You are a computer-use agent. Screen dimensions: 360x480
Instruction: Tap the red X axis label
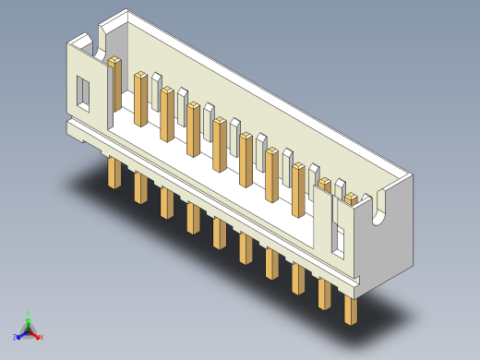(x=42, y=337)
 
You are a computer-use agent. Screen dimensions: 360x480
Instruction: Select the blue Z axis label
(x=16, y=337)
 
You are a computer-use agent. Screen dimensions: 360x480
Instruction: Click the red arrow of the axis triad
(x=36, y=333)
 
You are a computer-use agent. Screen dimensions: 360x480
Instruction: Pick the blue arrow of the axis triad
(x=21, y=333)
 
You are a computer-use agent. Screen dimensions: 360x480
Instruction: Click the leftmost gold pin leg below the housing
(x=114, y=173)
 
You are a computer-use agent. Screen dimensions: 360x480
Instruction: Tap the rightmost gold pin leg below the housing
(x=351, y=309)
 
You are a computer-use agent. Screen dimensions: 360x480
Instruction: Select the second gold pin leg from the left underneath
(x=140, y=187)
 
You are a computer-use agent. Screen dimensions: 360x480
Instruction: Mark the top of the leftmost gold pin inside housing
(x=115, y=62)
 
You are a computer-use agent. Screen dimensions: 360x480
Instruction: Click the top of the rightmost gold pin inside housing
(x=353, y=197)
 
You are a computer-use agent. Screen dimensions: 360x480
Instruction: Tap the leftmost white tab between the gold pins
(x=158, y=78)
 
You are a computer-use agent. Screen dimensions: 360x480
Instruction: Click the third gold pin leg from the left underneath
(x=166, y=202)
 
